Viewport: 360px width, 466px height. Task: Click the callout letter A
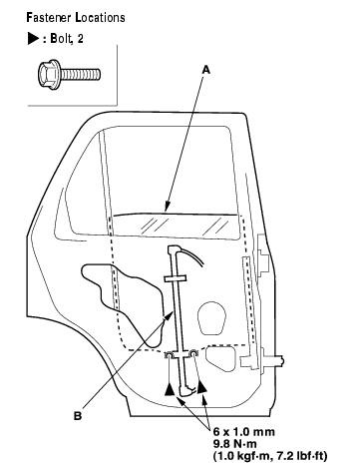(x=206, y=70)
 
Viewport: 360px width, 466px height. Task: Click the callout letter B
(x=77, y=416)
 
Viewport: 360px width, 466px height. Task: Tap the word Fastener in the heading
(x=49, y=17)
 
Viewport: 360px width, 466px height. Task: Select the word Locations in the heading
(x=101, y=17)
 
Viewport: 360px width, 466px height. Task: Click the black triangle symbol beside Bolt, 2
(x=34, y=39)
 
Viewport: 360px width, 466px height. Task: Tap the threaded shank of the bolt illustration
(x=80, y=75)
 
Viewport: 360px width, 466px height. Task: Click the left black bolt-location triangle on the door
(x=170, y=389)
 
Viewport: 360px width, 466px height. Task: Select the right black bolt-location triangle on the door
(x=201, y=387)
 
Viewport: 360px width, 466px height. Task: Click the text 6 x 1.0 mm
(x=244, y=432)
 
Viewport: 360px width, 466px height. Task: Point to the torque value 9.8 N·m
(x=234, y=444)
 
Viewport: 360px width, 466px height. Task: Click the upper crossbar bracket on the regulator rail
(x=175, y=278)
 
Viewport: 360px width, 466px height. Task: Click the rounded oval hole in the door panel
(x=211, y=317)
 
